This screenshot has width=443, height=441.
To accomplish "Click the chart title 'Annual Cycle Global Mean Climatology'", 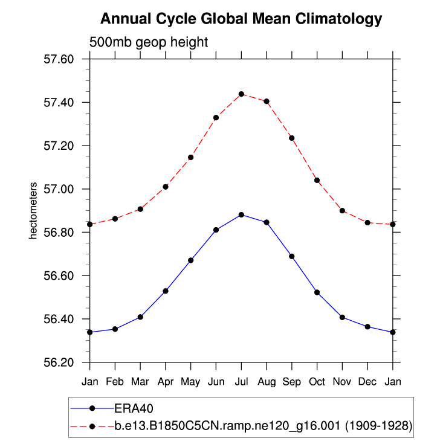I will [x=241, y=19].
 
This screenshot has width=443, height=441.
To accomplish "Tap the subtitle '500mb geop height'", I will [x=149, y=43].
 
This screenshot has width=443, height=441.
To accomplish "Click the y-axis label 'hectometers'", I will [x=34, y=210].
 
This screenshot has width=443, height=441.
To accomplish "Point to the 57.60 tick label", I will [x=59, y=59].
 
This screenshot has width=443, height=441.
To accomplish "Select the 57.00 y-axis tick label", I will [x=59, y=189].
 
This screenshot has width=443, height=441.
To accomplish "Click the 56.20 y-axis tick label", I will [x=59, y=362].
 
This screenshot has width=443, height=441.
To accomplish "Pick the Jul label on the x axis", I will [x=241, y=382].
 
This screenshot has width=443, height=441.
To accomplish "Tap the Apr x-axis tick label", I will [x=165, y=382].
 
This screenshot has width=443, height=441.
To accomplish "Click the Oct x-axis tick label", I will [x=317, y=382].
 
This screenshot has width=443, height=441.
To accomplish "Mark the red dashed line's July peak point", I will [x=241, y=94].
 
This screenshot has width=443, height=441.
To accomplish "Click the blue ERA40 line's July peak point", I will [x=241, y=214].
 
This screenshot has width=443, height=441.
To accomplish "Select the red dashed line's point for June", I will [x=216, y=117].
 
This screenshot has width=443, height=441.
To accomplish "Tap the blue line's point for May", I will [x=190, y=260].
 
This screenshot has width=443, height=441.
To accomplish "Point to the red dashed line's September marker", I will [x=292, y=138].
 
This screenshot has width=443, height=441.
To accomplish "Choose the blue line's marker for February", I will [x=115, y=329].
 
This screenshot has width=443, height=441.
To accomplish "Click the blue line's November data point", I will [x=342, y=317].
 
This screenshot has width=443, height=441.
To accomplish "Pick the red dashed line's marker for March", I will [x=140, y=209].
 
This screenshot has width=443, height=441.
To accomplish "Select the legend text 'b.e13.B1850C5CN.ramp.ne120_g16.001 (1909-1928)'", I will [x=264, y=425].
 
